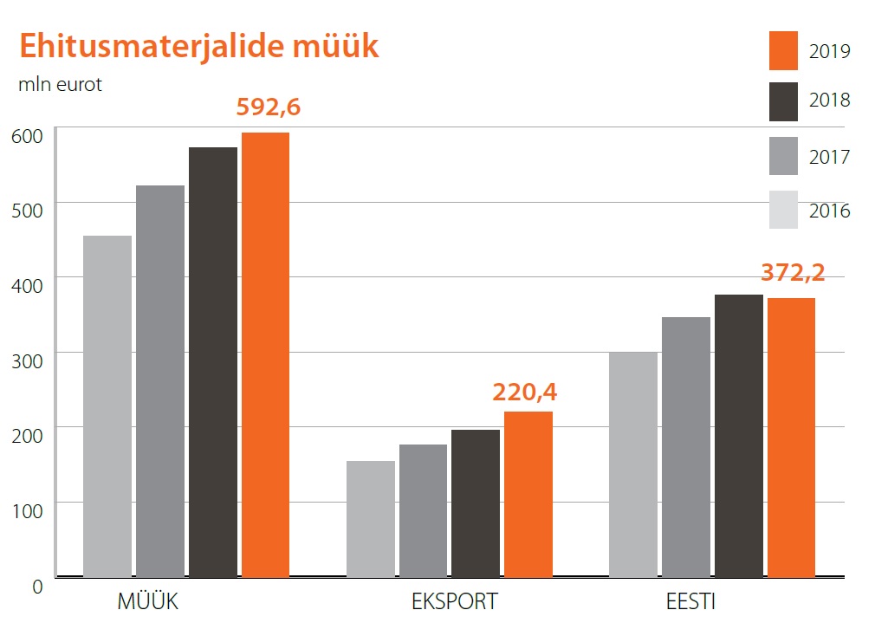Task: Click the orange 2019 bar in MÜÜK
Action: pyautogui.click(x=265, y=354)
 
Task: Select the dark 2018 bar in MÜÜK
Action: pyautogui.click(x=213, y=362)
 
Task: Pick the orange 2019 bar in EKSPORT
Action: pyautogui.click(x=528, y=494)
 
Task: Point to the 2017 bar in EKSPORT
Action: pyautogui.click(x=423, y=510)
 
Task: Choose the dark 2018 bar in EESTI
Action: pyautogui.click(x=739, y=436)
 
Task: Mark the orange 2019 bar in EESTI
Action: pyautogui.click(x=791, y=438)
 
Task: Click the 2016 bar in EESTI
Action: pyautogui.click(x=633, y=464)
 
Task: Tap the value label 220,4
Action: pyautogui.click(x=525, y=392)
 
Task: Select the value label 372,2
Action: pyautogui.click(x=793, y=272)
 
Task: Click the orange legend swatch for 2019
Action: pyautogui.click(x=783, y=51)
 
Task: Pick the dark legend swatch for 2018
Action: pyautogui.click(x=783, y=102)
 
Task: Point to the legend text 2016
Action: pyautogui.click(x=830, y=211)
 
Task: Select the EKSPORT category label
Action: pyautogui.click(x=455, y=601)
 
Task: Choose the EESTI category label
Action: pyautogui.click(x=690, y=601)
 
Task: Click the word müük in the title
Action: pyautogui.click(x=334, y=46)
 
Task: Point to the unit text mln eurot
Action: pyautogui.click(x=60, y=86)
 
